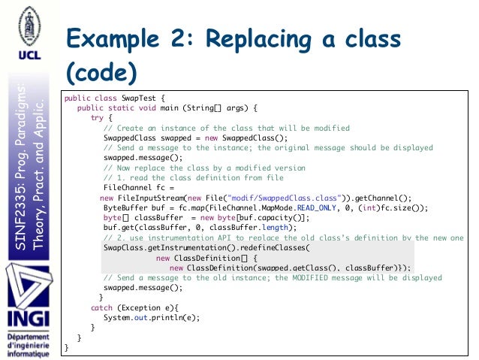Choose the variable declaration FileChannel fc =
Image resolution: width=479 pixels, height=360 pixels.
pyautogui.click(x=139, y=187)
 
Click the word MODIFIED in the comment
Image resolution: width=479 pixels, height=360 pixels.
pyautogui.click(x=325, y=277)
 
